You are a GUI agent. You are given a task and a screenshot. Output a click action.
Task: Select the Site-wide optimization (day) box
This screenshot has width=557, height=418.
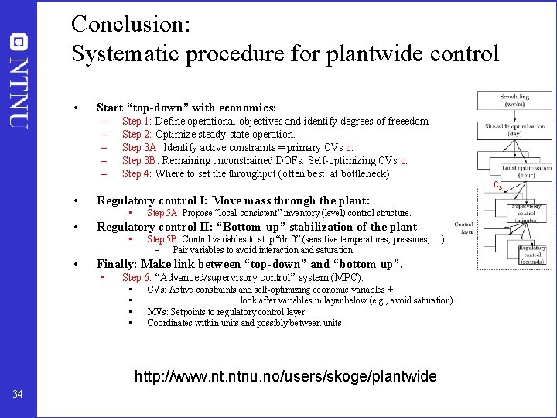(514, 131)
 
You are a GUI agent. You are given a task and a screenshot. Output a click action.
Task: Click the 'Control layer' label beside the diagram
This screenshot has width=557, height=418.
(464, 226)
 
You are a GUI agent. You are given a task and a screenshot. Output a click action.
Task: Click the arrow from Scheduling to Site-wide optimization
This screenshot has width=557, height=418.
(504, 115)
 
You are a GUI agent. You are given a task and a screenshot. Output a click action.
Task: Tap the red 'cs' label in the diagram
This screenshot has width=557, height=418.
(498, 185)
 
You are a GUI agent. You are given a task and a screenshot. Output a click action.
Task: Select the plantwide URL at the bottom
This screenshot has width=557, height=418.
(285, 377)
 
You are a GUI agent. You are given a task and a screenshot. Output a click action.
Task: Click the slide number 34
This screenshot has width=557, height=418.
(18, 396)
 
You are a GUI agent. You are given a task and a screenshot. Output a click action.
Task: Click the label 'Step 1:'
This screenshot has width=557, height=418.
(137, 121)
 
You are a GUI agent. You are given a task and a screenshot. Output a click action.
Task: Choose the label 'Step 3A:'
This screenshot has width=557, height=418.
(140, 147)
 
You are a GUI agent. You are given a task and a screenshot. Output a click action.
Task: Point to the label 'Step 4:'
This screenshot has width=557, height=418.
(137, 173)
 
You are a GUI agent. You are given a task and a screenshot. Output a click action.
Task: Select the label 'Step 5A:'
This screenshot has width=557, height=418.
(163, 212)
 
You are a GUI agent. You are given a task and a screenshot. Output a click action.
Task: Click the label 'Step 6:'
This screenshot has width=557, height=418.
(137, 277)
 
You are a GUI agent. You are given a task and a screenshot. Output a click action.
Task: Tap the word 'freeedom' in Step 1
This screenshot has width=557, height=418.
(408, 121)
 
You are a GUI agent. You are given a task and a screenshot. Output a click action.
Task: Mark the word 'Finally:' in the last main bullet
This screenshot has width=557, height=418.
(116, 264)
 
